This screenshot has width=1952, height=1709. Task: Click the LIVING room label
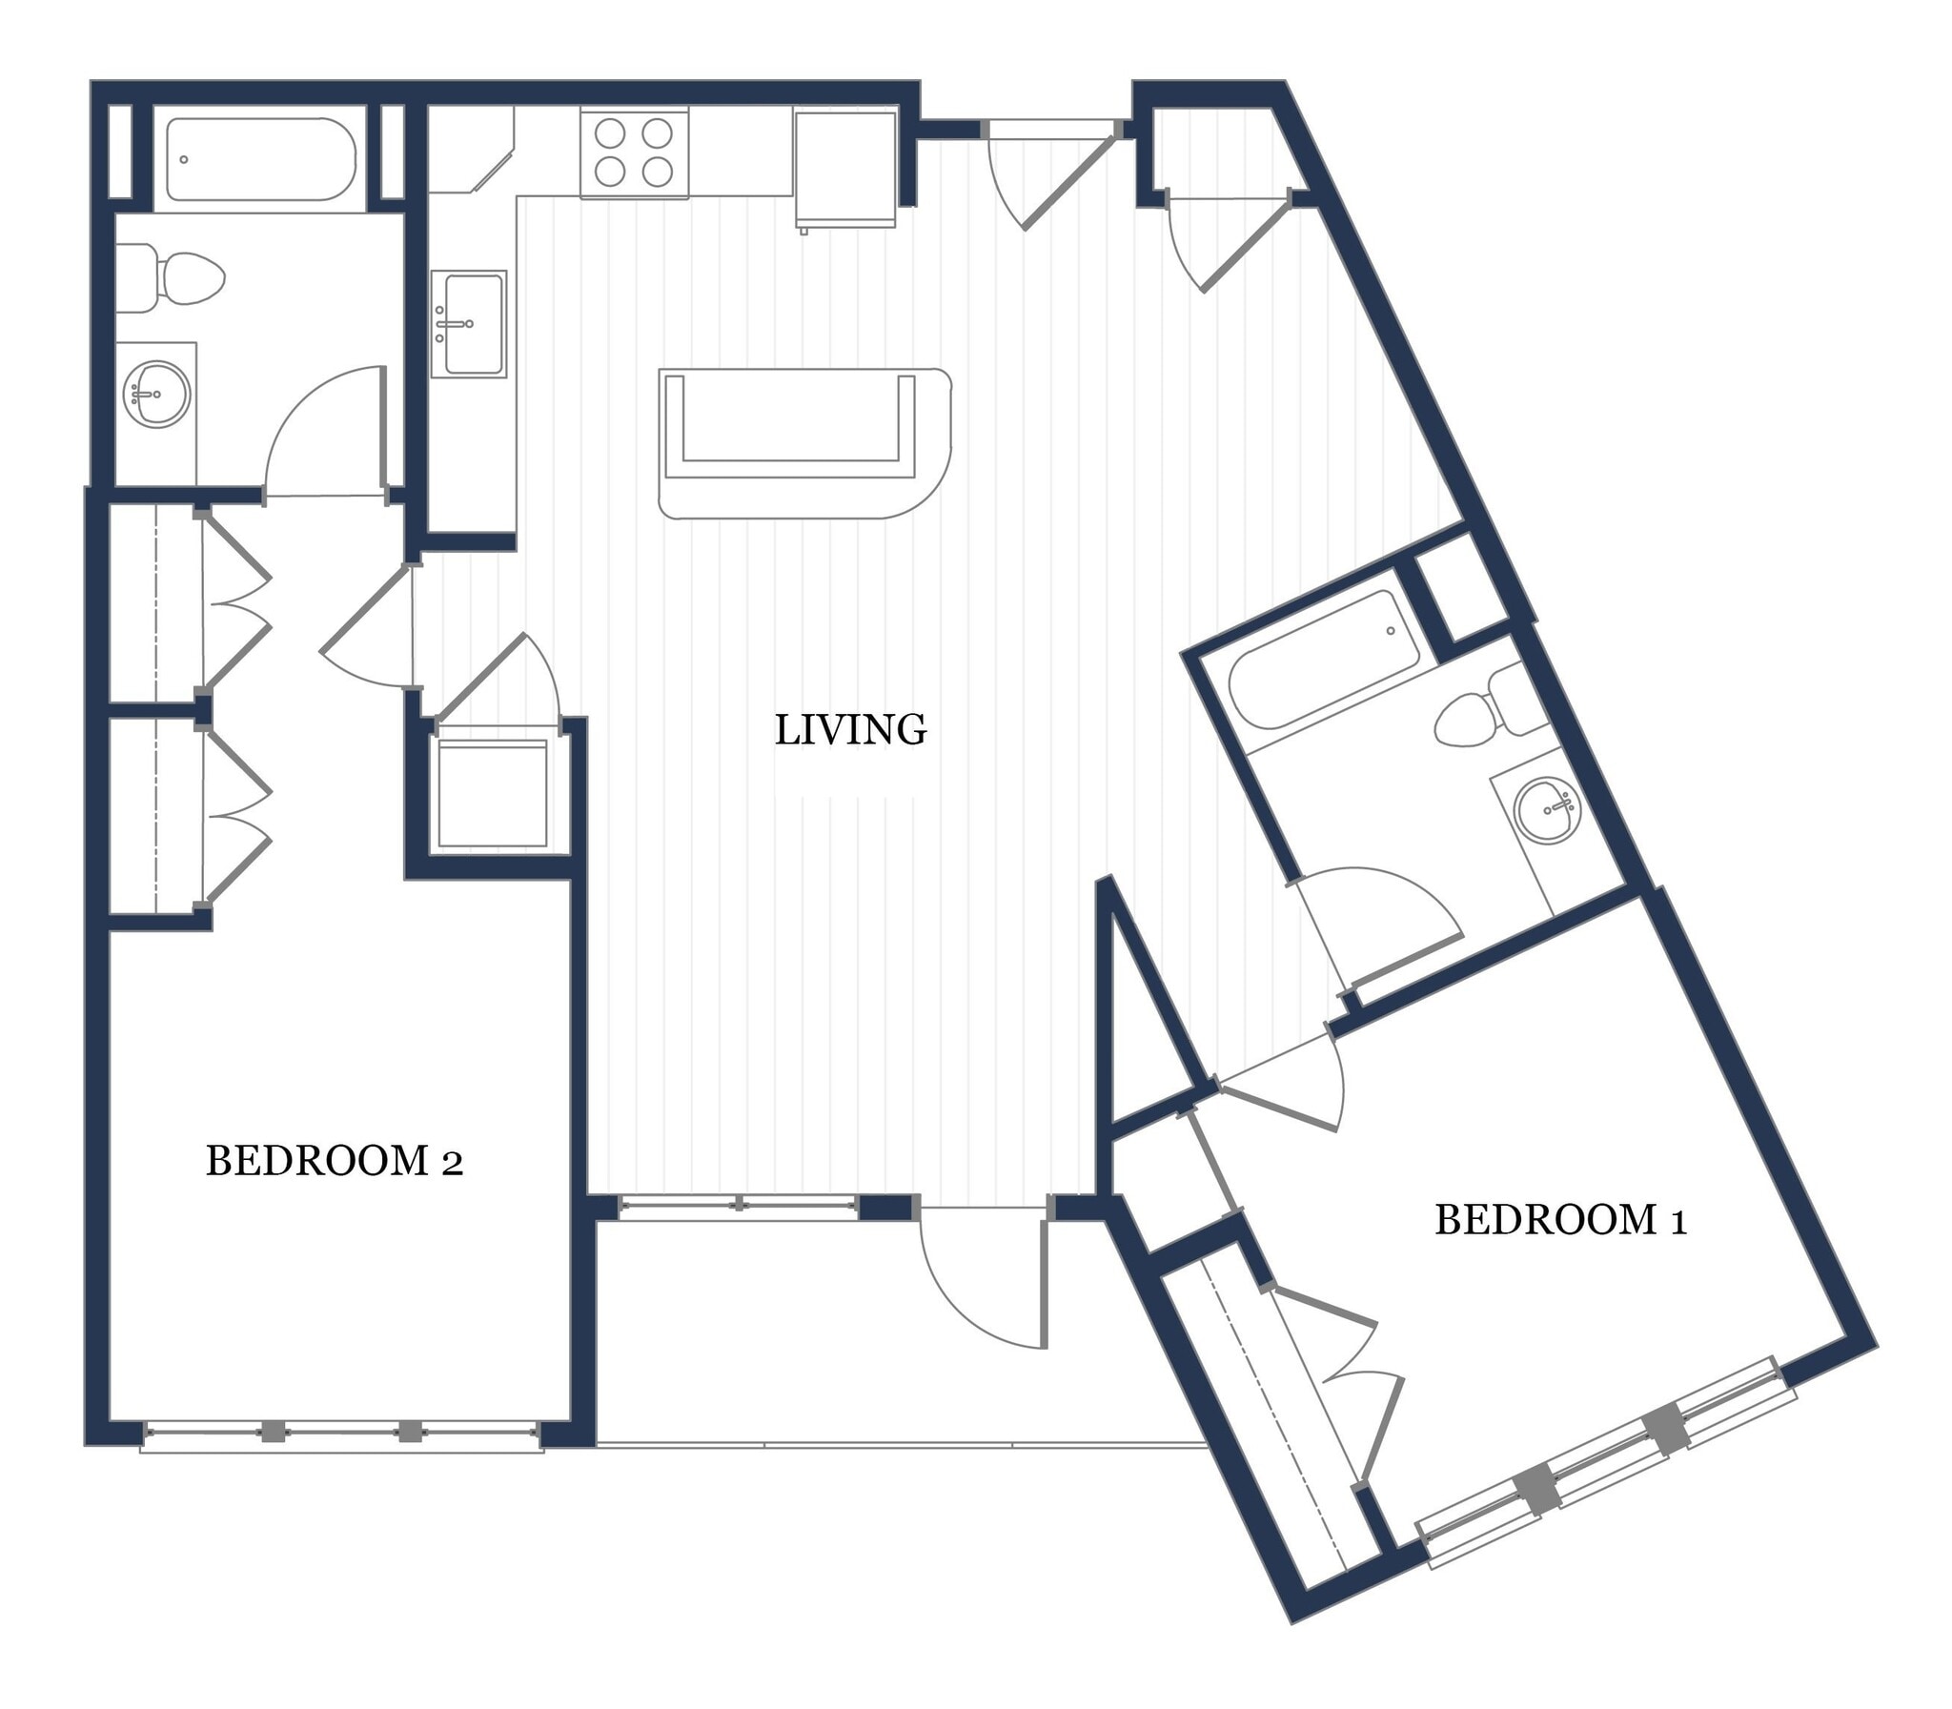pos(849,729)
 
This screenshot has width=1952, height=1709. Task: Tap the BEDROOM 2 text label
pos(334,1161)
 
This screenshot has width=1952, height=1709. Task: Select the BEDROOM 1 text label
pos(1560,1220)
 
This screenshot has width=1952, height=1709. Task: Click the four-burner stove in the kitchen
pos(634,153)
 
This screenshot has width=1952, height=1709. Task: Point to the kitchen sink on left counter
pos(468,324)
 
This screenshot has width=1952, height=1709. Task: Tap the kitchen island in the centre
pos(803,442)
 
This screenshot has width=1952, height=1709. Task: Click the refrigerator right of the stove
pos(844,169)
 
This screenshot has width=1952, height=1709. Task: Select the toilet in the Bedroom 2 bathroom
pos(181,279)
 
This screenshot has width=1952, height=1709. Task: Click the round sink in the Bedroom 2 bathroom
pos(156,394)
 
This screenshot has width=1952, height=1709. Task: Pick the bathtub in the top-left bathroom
pos(260,159)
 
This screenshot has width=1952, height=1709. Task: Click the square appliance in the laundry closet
pos(493,794)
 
